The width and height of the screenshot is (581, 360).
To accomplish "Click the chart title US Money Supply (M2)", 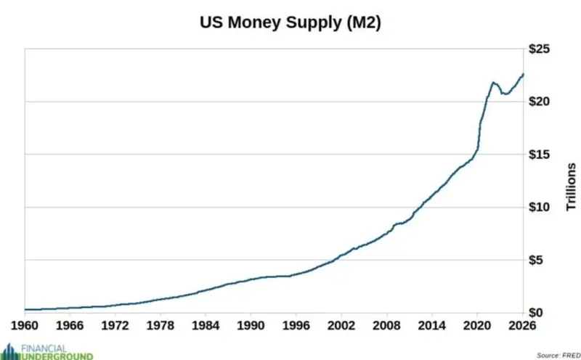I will tap(290, 22).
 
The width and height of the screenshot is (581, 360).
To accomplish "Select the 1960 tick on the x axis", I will tap(25, 324).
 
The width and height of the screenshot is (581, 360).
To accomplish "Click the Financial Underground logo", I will tap(47, 351).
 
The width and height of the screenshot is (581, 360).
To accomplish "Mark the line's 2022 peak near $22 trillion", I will tap(493, 82).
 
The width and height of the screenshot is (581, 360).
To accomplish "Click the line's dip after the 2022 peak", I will tap(505, 94).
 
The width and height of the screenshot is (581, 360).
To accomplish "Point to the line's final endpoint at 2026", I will tap(523, 74).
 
